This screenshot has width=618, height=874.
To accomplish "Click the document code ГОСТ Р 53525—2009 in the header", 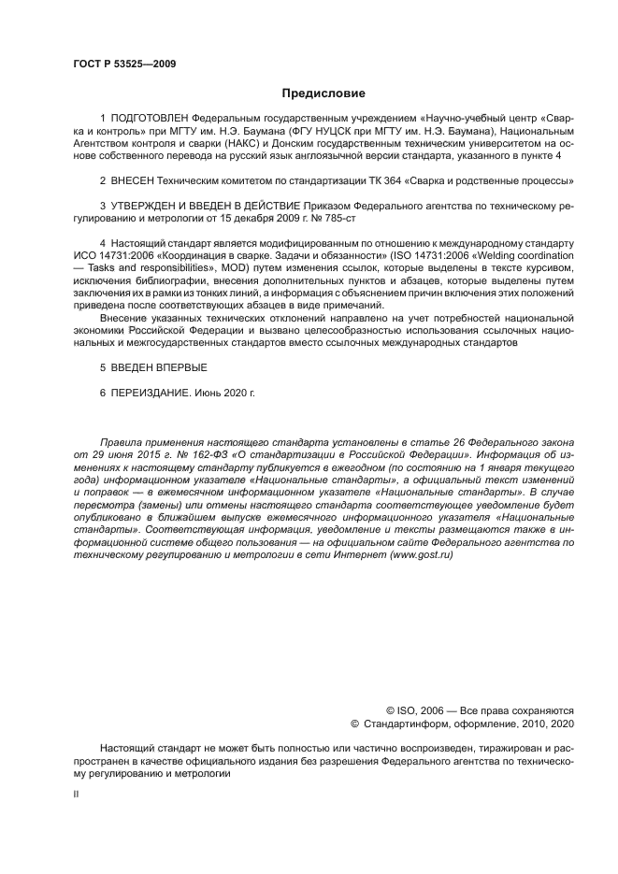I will [x=124, y=64].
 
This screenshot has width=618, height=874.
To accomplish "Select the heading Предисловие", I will [x=323, y=93].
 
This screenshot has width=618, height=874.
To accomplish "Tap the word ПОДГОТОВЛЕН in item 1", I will [x=149, y=120].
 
